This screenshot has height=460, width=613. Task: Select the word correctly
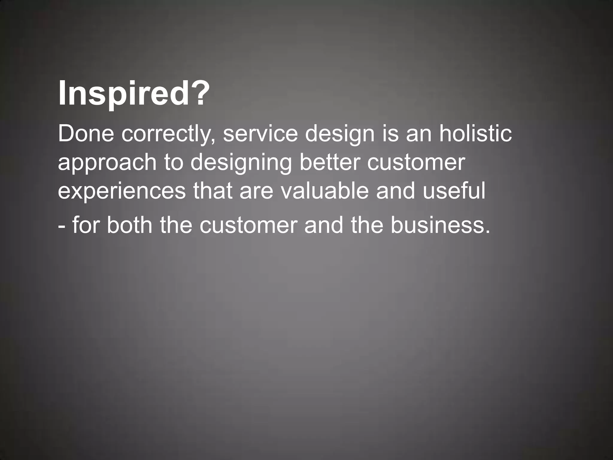(169, 134)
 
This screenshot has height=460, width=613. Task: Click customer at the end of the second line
(416, 163)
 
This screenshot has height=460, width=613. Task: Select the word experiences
(122, 192)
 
